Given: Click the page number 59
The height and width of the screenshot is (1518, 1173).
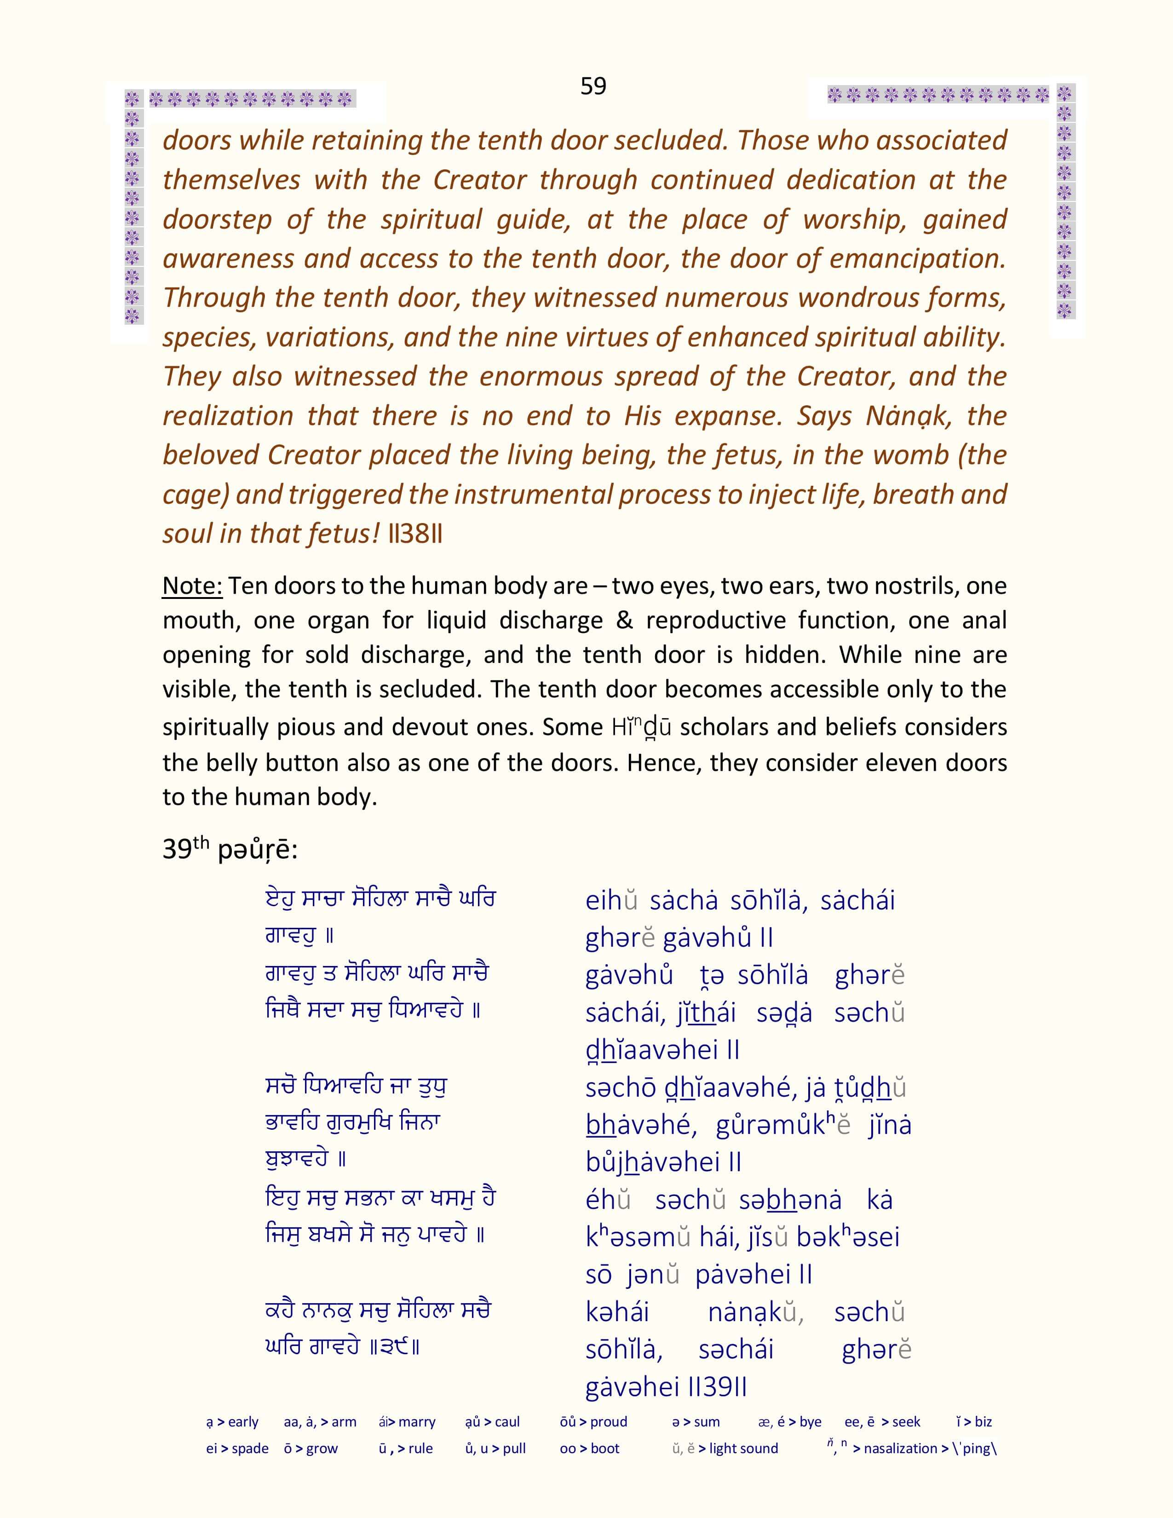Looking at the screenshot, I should coord(593,86).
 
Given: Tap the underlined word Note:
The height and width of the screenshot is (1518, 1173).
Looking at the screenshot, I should coord(192,586).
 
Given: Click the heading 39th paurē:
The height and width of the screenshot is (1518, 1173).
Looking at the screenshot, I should coord(230,849).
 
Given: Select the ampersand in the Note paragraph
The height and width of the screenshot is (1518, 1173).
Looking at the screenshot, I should coord(624,620).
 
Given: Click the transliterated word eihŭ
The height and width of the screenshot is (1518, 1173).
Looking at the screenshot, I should coord(611,900).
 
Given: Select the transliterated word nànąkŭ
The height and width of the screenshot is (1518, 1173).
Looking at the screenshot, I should coord(755,1312).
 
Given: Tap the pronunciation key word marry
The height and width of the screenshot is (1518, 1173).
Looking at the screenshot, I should coord(416,1422).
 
